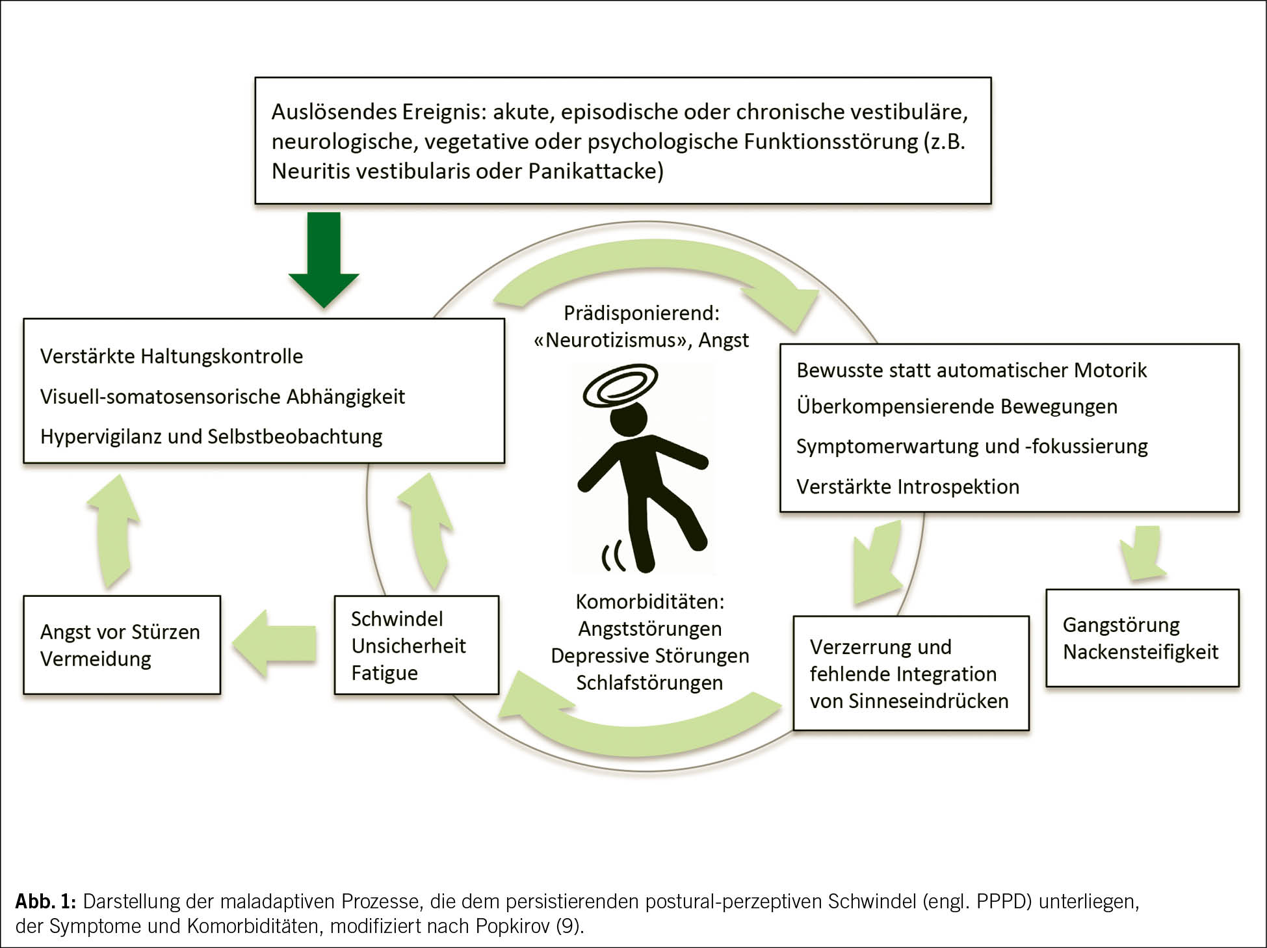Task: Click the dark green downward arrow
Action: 324,260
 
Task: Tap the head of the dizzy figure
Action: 629,420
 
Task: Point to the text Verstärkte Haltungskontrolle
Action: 172,356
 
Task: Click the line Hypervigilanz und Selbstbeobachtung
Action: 211,436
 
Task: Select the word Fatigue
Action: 384,673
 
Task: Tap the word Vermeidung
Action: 96,659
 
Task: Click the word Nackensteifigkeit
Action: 1140,652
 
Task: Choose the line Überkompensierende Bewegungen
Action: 956,406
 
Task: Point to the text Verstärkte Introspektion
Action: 908,486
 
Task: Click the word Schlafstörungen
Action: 649,683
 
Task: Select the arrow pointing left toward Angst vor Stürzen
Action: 275,644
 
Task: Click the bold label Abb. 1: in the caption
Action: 46,901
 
